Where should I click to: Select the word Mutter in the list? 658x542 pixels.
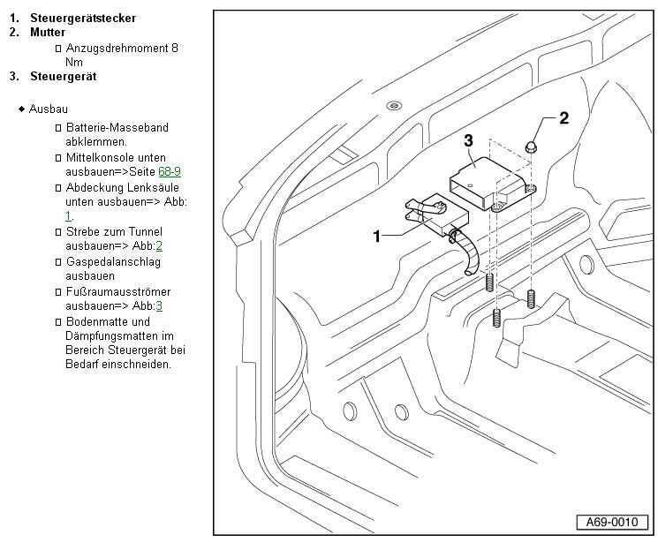click(x=47, y=33)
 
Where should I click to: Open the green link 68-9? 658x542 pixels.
click(x=170, y=172)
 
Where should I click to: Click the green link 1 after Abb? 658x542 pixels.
click(x=68, y=216)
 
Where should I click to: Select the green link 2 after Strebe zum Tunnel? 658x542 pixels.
click(x=159, y=246)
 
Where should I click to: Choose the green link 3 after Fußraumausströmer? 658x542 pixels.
click(x=159, y=306)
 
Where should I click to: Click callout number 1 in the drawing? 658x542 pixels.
click(x=376, y=236)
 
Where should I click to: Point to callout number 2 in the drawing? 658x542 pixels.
click(x=563, y=117)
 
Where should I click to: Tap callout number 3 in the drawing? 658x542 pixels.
click(x=468, y=139)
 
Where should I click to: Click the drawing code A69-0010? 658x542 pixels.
click(x=608, y=522)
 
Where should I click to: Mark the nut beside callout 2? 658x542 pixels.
click(x=533, y=147)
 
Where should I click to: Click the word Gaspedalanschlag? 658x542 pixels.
click(x=113, y=262)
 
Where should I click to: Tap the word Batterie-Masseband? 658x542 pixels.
click(x=117, y=127)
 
